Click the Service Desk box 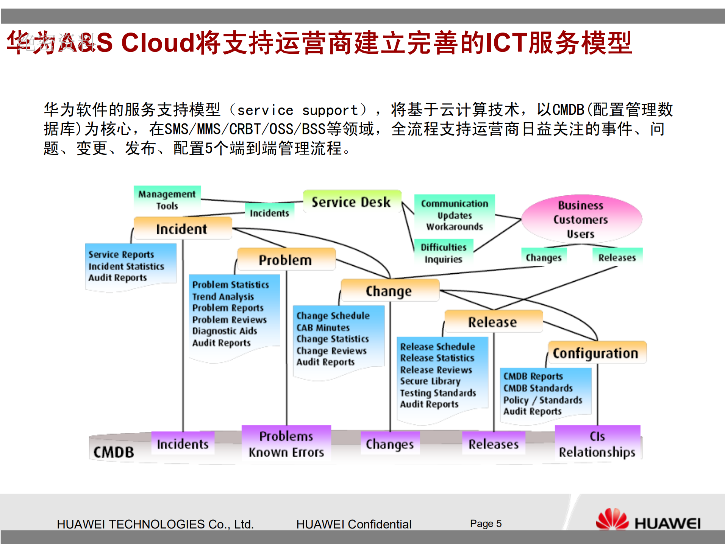point(352,202)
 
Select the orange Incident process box point(182,229)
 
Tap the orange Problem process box point(286,260)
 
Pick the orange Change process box point(389,291)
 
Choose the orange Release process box point(493,322)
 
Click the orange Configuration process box point(596,353)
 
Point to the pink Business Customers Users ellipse point(581,219)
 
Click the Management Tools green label point(167,200)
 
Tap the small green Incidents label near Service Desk point(269,213)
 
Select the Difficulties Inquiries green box point(444,253)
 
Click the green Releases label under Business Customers point(617,257)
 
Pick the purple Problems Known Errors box point(286,444)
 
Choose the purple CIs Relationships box point(597,444)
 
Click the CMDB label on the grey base point(114,452)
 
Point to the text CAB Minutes point(323,327)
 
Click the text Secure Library point(430,381)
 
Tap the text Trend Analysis point(223,296)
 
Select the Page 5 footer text point(486,524)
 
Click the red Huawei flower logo point(611,520)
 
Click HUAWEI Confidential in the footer point(353,524)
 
